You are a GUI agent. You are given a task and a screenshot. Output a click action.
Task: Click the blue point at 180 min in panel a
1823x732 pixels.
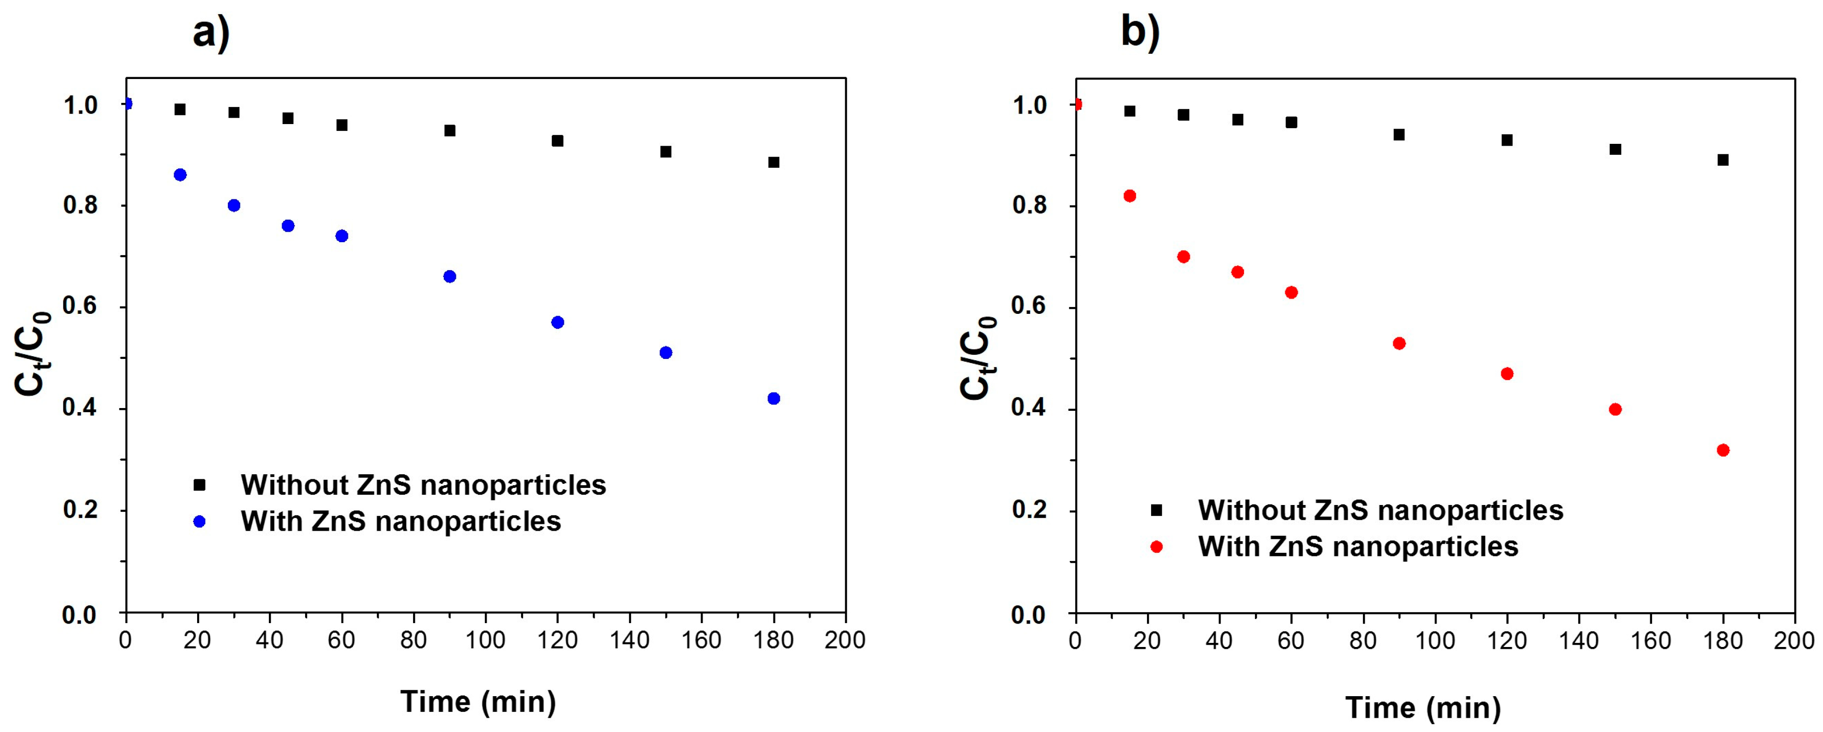coord(773,398)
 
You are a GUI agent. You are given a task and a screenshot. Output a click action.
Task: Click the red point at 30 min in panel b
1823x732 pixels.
coord(1183,257)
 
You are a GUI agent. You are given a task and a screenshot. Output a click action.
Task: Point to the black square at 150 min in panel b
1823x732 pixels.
coord(1615,149)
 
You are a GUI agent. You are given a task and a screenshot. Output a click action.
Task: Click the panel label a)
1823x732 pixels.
coord(211,32)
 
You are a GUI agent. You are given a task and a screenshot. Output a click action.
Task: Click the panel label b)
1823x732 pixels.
coord(1140,32)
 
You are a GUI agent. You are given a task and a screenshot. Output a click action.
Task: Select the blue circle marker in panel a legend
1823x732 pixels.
coord(199,522)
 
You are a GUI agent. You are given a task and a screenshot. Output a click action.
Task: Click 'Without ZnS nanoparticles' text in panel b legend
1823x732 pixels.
coord(1380,511)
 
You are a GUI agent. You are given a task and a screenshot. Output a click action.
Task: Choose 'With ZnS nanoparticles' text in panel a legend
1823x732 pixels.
coord(401,522)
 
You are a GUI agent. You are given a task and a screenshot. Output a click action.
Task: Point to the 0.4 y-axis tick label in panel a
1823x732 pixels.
coord(80,409)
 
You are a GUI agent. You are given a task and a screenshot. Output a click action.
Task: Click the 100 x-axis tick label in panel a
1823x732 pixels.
coord(485,641)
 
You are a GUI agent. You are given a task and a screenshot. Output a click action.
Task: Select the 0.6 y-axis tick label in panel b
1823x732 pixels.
coord(1030,308)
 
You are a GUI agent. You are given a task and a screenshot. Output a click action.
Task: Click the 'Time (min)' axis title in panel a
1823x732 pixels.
coord(478,702)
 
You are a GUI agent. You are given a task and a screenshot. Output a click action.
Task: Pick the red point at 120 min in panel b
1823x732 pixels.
coord(1507,374)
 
